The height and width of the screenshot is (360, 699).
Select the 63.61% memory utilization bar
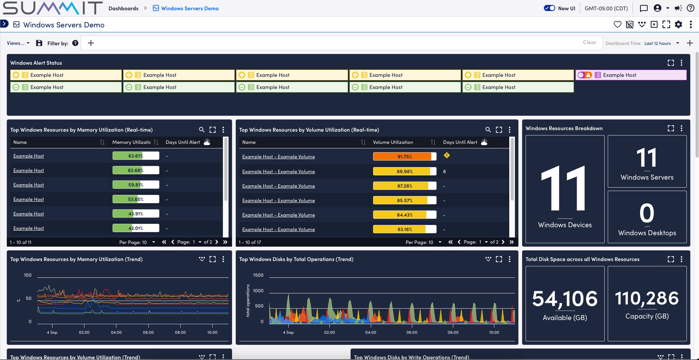[135, 156]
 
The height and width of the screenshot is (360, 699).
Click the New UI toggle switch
[550, 8]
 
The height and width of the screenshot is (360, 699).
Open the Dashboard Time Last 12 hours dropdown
[662, 43]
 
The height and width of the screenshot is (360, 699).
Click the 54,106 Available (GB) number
[565, 299]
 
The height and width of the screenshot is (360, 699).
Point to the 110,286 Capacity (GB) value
[647, 298]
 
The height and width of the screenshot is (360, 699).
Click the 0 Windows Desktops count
[647, 213]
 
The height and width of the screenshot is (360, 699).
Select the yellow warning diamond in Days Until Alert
[446, 155]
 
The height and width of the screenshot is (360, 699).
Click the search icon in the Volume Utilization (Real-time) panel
[488, 130]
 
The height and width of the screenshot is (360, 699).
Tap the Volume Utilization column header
[393, 142]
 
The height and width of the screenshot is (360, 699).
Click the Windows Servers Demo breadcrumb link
[189, 8]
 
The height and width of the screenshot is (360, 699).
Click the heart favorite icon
[617, 25]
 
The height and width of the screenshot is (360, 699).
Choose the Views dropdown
[18, 43]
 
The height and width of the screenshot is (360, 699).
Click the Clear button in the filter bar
[589, 43]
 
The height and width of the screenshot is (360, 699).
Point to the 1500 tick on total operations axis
[258, 275]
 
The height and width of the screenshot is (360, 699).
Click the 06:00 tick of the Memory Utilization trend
[148, 332]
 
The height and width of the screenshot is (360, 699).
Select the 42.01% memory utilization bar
[135, 228]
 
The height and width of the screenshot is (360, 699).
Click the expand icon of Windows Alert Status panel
[670, 63]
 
